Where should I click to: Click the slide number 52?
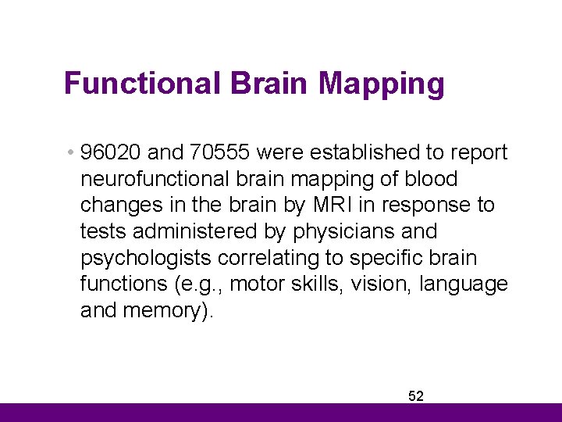coord(416,396)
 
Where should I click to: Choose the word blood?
coord(431,179)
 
